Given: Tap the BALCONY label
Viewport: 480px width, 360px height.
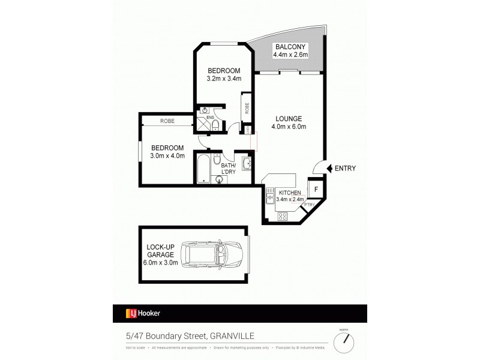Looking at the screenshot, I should (290, 47).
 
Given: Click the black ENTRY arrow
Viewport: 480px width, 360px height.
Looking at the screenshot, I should (321, 168).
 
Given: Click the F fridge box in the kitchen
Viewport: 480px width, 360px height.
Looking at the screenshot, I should (316, 188).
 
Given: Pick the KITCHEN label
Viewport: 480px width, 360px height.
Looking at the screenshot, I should (289, 192).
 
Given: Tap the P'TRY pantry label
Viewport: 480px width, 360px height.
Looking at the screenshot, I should (309, 205).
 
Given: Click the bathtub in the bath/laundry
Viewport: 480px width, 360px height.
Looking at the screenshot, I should (203, 169).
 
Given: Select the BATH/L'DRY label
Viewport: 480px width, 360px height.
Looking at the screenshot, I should (229, 169).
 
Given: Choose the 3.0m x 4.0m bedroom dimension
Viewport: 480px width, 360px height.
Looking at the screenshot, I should (167, 156).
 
